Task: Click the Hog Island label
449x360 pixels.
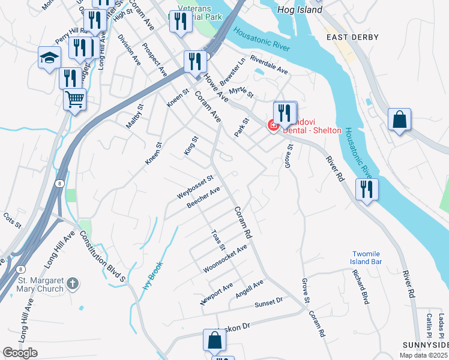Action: coord(300,10)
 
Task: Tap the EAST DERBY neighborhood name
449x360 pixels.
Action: coord(352,37)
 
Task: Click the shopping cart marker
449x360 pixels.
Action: coord(74,99)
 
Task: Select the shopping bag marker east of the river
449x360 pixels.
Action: coord(399,119)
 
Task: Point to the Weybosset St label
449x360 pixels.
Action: coord(195,188)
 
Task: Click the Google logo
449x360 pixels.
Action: coord(20,353)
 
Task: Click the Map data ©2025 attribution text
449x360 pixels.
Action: coord(424,355)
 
